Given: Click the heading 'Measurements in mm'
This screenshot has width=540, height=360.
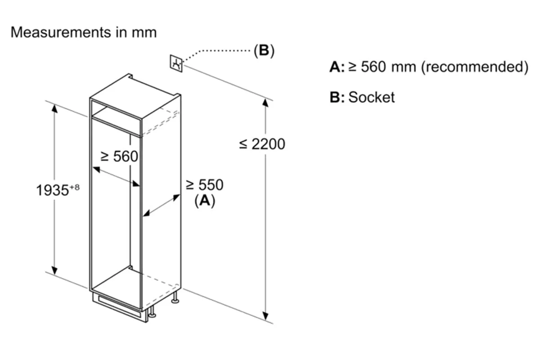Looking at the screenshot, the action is pos(84,32).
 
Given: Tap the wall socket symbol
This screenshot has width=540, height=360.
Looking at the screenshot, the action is pos(176,63).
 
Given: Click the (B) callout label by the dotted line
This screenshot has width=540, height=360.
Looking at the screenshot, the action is pos(264,51).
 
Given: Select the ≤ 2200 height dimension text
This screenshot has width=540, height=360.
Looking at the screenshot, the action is pos(262,144).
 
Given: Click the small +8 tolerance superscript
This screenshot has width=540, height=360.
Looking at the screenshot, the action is pos(75,187).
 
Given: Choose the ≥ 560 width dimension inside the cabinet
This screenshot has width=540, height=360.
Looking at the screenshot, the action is pos(119,156).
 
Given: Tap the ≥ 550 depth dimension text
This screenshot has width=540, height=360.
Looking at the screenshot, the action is pos(204,185).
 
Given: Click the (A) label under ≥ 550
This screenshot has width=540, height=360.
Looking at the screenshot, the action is pos(205,200).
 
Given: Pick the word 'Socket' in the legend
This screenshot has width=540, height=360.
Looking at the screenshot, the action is pos(372,97).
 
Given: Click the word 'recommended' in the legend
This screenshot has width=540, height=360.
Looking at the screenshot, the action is pos(475,67).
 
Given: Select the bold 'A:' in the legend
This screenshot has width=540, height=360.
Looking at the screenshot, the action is pos(337,67).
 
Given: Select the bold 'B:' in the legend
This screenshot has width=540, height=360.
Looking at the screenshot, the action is pos(337,97).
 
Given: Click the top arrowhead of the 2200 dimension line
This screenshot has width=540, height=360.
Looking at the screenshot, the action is pos(265,103).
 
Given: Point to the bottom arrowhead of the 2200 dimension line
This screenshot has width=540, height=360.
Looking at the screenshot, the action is pos(265,316).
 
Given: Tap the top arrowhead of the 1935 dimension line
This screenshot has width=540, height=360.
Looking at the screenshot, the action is pos(54,108).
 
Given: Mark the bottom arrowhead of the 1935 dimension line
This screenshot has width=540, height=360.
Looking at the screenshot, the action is pos(54,271).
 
